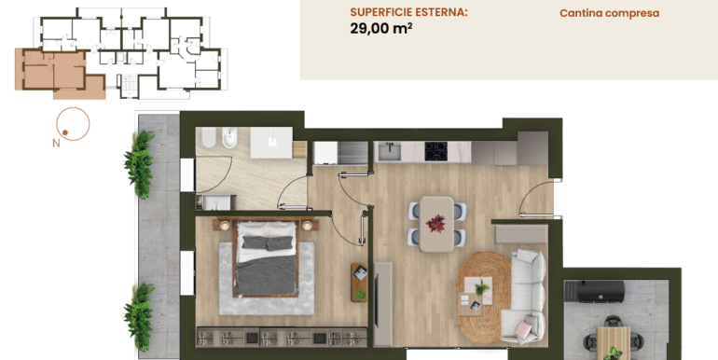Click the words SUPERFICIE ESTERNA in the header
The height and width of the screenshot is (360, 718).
[x=408, y=12]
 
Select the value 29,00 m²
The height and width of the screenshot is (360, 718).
[x=381, y=28]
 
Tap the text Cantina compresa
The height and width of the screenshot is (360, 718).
[x=610, y=13]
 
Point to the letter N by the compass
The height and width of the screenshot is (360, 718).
[x=56, y=143]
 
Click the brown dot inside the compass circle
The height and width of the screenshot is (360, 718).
[x=65, y=132]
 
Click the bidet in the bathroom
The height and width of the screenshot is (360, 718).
[x=229, y=138]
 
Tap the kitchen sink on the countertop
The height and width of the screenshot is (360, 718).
[x=389, y=151]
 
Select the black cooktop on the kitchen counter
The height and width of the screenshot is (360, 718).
[x=436, y=151]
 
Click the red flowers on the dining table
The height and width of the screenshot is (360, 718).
[x=435, y=224]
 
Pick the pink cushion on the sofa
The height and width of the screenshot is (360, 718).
[x=523, y=329]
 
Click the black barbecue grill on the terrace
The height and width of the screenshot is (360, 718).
[x=594, y=291]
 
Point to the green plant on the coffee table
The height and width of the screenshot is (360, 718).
[x=481, y=287]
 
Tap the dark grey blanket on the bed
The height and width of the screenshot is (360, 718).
[x=266, y=275]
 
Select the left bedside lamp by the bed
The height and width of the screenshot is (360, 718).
[x=225, y=226]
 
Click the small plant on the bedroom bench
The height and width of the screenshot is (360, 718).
[x=361, y=293]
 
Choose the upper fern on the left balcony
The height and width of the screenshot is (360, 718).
[x=139, y=163]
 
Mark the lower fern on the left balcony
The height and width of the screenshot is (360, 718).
[x=139, y=316]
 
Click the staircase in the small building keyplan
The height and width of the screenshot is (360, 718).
[x=130, y=84]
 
